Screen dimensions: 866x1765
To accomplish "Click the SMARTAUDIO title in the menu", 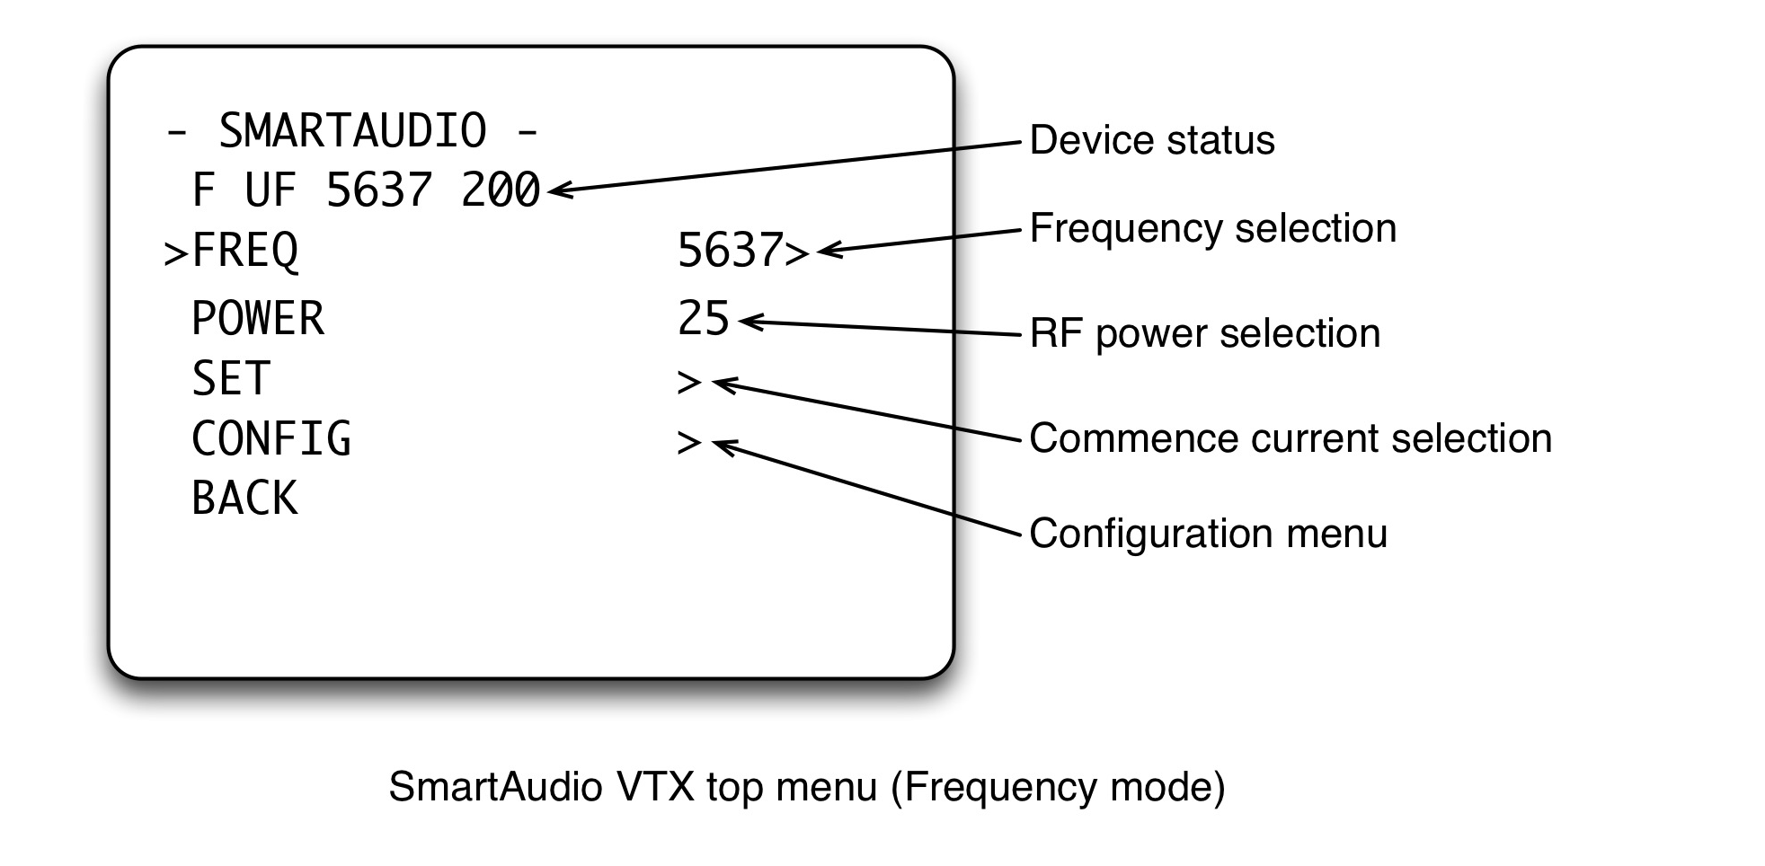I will (352, 131).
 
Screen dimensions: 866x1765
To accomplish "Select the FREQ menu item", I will (244, 251).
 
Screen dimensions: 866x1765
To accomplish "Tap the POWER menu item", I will (258, 319).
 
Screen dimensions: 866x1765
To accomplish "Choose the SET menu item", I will (231, 379).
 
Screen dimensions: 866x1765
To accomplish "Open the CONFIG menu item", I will (271, 439).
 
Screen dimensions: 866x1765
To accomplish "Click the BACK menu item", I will (244, 499).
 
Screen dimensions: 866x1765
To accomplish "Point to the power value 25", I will (703, 319).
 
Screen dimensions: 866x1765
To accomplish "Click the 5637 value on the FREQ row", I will (730, 251).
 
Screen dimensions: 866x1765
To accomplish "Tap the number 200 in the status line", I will (500, 190).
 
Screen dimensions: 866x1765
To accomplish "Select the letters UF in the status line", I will (270, 190).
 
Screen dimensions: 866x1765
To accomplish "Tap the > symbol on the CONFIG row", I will (688, 443).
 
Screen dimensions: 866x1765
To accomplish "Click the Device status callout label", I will (1151, 141).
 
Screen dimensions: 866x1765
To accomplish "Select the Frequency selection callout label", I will (1212, 229).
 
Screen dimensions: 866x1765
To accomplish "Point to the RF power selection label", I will (1204, 334).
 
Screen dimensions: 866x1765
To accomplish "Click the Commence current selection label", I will (1290, 439).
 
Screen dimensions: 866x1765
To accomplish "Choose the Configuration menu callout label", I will (1208, 535).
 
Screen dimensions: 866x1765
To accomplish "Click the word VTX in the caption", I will (655, 788).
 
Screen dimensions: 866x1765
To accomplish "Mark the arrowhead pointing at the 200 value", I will (556, 190).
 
